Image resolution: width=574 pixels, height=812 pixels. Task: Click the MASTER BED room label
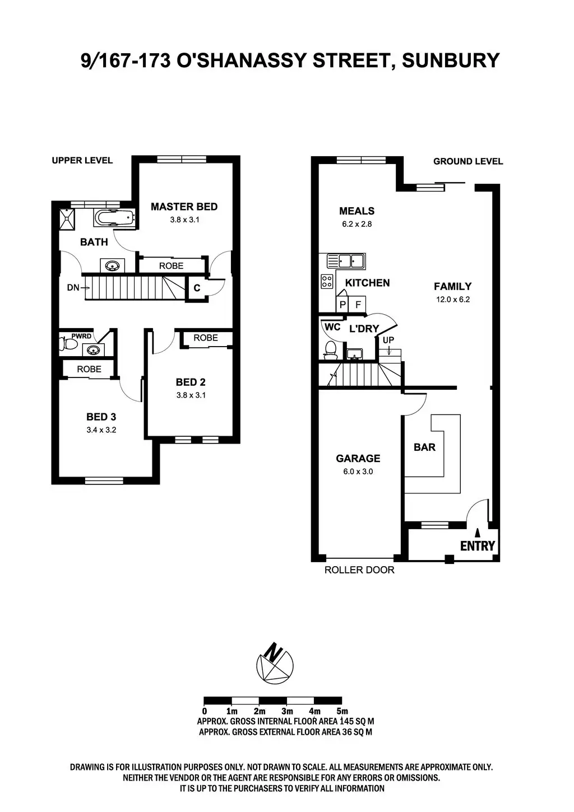(184, 207)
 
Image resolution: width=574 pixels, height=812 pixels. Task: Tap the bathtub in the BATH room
(114, 218)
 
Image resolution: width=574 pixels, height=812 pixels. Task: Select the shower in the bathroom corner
(68, 217)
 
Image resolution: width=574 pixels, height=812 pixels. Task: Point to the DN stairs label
(73, 287)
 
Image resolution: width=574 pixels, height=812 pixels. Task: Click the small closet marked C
(197, 288)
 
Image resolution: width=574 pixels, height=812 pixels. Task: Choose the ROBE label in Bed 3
(89, 369)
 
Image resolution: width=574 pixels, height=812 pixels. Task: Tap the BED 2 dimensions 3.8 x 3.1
(191, 395)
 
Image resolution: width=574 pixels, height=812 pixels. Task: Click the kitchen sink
(345, 261)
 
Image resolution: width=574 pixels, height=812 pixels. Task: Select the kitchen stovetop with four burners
(327, 281)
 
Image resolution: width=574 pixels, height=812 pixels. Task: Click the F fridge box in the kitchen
(358, 305)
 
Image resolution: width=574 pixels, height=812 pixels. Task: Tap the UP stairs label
(388, 340)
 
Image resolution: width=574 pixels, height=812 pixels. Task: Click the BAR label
(424, 447)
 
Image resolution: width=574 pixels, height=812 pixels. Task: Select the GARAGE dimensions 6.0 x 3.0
(358, 472)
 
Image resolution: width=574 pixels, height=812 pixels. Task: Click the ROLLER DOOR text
(359, 570)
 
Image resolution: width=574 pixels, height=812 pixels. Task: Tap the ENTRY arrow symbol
(478, 533)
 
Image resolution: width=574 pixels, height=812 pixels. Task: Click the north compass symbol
(274, 662)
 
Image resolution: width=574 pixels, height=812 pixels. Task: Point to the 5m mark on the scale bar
(341, 711)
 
